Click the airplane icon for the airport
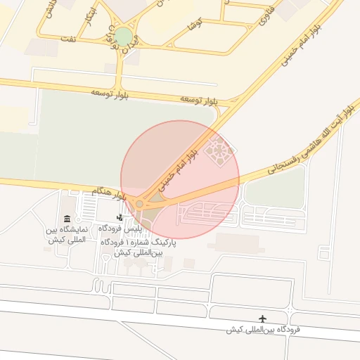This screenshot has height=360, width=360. [264, 319]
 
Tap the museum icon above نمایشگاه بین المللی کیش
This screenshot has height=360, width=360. [67, 219]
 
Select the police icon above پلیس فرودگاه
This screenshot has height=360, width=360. [120, 218]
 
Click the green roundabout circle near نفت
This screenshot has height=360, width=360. [123, 37]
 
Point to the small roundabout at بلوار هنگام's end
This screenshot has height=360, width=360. [140, 204]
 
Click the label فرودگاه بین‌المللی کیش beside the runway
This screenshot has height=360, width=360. [264, 330]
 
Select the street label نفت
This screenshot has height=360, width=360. [68, 38]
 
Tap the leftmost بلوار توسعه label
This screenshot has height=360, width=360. [108, 92]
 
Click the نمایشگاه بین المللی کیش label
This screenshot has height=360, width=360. [67, 234]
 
